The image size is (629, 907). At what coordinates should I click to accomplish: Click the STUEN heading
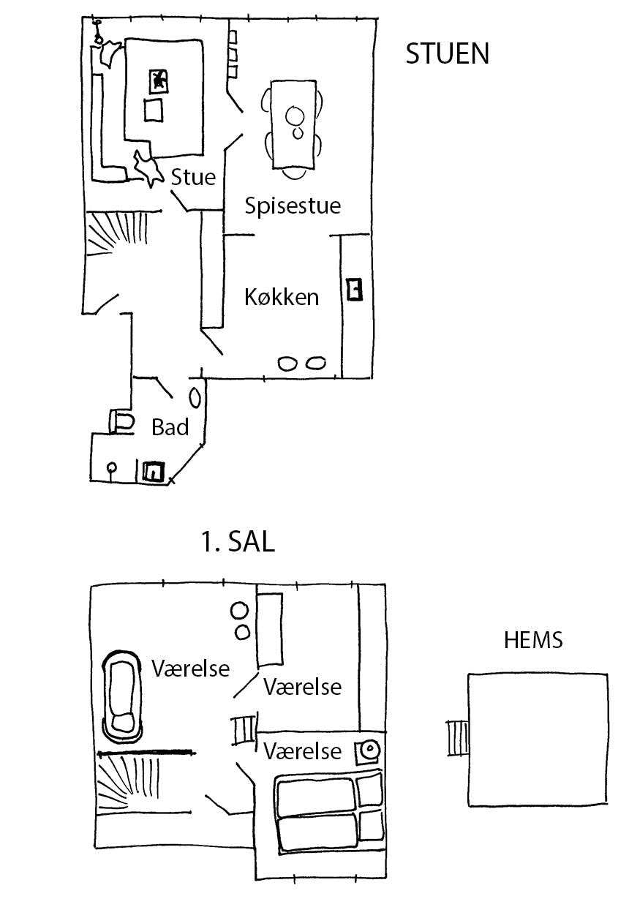point(447,54)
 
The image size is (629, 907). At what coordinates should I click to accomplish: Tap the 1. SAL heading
point(237,543)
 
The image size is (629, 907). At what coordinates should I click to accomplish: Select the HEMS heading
point(533,641)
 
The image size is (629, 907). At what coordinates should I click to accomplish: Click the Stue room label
point(193,178)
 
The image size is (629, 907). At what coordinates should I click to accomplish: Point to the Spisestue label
point(293,206)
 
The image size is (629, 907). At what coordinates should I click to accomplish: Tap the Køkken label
point(282,297)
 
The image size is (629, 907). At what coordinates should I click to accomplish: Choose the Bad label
point(170,427)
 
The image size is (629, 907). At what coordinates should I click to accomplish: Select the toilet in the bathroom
point(122,421)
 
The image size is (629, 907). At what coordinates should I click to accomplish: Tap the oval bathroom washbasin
point(195,397)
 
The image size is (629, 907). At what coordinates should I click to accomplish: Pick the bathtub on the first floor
point(122,693)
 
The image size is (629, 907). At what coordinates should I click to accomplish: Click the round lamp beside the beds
point(369,750)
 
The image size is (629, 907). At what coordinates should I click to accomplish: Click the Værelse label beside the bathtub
point(190,668)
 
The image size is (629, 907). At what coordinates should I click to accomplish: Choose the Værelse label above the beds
point(303,751)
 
